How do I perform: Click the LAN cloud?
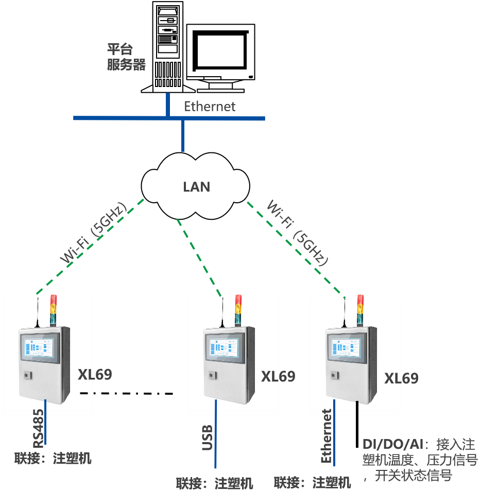pyautogui.click(x=196, y=185)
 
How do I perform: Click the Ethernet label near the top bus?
pyautogui.click(x=210, y=107)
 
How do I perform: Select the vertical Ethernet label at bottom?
pyautogui.click(x=327, y=436)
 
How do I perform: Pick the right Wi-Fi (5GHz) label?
pyautogui.click(x=298, y=233)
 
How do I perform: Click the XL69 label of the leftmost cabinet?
pyautogui.click(x=95, y=374)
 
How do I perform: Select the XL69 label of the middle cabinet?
pyautogui.click(x=278, y=376)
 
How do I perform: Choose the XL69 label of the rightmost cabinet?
pyautogui.click(x=401, y=378)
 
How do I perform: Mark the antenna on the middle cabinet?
pyautogui.click(x=222, y=311)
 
